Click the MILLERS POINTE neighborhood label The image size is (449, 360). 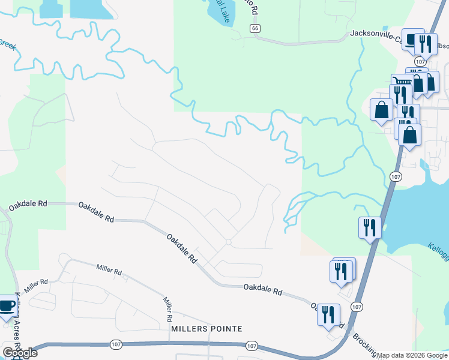tap(206, 329)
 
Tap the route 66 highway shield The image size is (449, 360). tap(256, 28)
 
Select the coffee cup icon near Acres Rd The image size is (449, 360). tap(7, 306)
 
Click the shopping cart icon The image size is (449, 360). tap(402, 80)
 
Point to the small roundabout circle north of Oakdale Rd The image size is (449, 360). tap(229, 242)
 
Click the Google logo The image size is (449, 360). tap(20, 352)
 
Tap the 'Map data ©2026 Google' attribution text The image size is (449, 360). tap(412, 355)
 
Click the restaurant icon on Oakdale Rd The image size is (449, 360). tap(328, 314)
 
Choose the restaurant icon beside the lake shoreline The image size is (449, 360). tap(369, 227)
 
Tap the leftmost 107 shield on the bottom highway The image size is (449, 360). tap(116, 344)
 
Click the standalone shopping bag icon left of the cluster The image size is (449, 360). tap(381, 110)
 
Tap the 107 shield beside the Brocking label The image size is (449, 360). tap(357, 307)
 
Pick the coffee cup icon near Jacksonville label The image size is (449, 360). tap(412, 40)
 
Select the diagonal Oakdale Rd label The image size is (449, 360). tap(182, 248)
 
